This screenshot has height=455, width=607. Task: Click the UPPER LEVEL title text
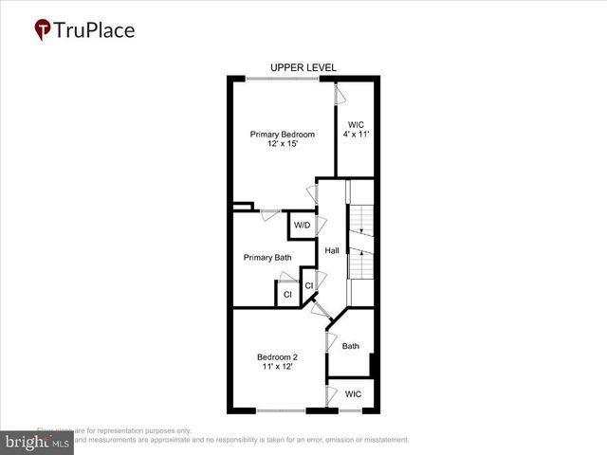coord(303,67)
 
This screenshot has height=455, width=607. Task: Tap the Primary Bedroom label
coord(282,135)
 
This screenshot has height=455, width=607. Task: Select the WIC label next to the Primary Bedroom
coord(357,124)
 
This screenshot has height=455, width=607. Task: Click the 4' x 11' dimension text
coord(357,135)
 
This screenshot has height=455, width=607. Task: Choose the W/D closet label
coord(303,226)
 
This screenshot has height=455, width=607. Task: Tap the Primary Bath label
coord(267,257)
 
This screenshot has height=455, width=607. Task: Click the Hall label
coord(332,251)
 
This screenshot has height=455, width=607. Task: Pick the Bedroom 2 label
coord(277,357)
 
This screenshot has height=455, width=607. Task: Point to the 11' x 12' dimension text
coord(277,368)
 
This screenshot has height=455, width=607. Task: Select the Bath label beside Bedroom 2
coord(351,347)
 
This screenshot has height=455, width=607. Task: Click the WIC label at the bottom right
coord(353,394)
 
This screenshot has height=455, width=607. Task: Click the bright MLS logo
coord(37,442)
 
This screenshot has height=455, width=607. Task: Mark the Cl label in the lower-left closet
coord(286,296)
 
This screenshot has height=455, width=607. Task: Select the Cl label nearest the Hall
coord(309,285)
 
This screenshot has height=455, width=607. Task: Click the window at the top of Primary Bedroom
coord(284,79)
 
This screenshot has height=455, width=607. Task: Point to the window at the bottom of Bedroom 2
coord(281,410)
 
